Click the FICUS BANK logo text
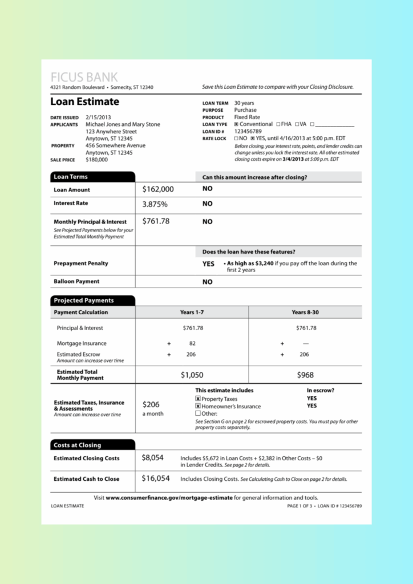click(x=84, y=77)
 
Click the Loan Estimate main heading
click(x=84, y=102)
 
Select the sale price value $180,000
click(x=96, y=160)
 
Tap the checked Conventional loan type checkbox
click(x=236, y=124)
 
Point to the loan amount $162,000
click(x=158, y=189)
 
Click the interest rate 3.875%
click(x=155, y=204)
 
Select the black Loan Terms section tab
click(x=92, y=177)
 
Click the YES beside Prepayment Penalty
click(x=208, y=264)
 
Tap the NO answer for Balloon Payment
click(x=207, y=282)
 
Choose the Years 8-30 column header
click(x=306, y=313)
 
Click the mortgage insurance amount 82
click(x=192, y=343)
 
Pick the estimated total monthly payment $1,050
click(x=192, y=375)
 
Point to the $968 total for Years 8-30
click(x=305, y=375)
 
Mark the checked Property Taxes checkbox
click(x=198, y=399)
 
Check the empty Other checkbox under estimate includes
click(x=198, y=413)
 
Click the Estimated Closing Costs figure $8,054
click(x=153, y=457)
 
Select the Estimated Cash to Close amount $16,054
click(x=156, y=478)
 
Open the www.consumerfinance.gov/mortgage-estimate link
click(x=169, y=497)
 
